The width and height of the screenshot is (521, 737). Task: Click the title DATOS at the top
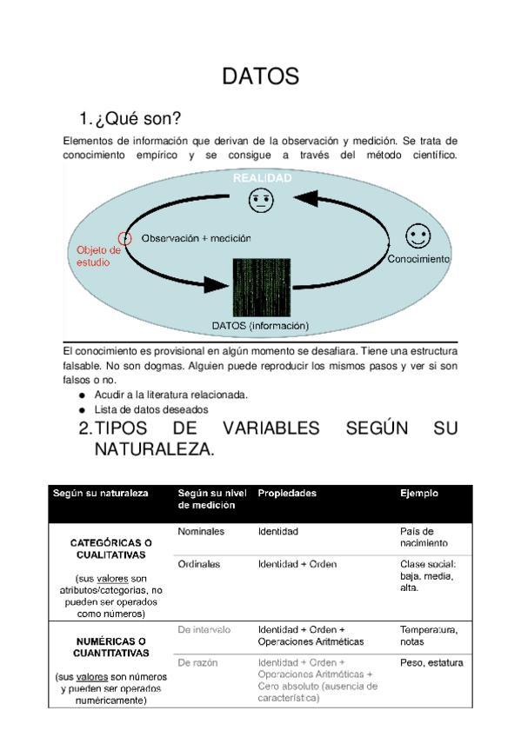pos(260,77)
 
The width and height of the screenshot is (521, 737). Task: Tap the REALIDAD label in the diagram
pos(261,178)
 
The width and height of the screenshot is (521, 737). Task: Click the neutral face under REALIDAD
pos(260,201)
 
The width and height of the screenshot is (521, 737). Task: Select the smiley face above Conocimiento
pos(418,236)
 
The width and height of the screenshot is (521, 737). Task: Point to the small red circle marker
pos(125,238)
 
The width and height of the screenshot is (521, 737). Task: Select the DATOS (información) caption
pos(260,326)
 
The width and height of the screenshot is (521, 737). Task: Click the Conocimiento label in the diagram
pos(418,258)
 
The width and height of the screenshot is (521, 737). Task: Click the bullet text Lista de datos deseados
pos(151,409)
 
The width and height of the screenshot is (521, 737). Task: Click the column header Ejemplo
pos(418,494)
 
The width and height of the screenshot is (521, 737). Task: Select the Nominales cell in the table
pos(201,530)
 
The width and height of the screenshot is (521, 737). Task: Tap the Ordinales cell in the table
pos(199,564)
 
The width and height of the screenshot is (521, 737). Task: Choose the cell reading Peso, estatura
pos(431,663)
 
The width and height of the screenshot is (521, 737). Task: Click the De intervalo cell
pos(204,628)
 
